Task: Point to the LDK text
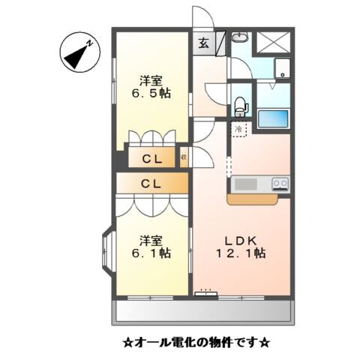[241, 240]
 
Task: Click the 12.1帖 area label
[243, 253]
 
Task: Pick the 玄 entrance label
[204, 43]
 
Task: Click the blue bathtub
[273, 119]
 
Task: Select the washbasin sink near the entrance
[241, 39]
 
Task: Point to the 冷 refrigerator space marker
[239, 129]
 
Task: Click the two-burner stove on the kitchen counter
[280, 183]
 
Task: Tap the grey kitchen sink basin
[245, 184]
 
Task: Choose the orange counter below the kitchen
[257, 199]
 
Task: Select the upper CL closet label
[152, 159]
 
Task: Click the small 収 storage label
[184, 158]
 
